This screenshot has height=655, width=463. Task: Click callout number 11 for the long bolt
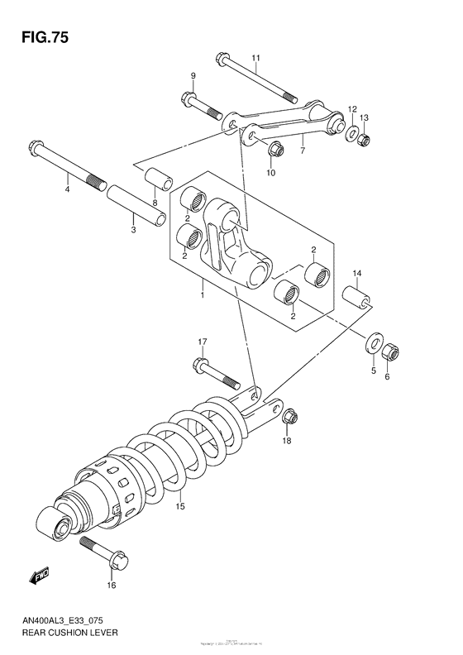tap(256, 57)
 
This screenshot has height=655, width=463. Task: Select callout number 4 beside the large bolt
tap(68, 190)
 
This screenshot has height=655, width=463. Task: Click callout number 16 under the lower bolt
tap(112, 586)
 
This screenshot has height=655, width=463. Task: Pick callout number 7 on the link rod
tap(303, 150)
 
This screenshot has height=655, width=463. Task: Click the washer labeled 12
tap(351, 132)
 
